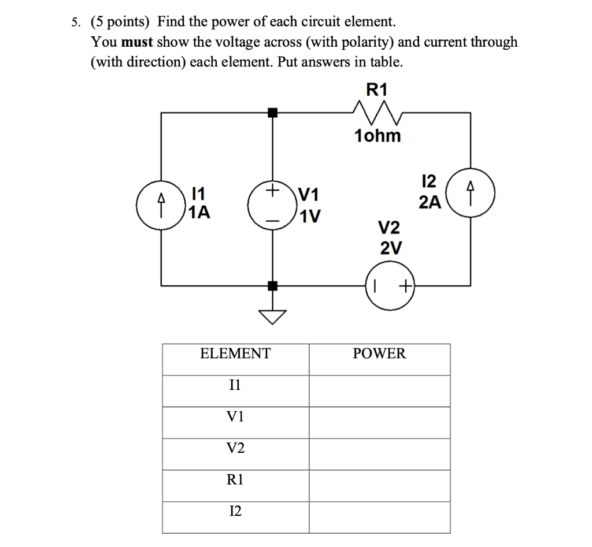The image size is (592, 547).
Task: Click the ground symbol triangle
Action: click(272, 317)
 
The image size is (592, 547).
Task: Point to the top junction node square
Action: click(272, 113)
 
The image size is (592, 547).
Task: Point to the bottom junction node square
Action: click(272, 285)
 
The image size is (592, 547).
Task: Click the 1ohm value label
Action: click(378, 136)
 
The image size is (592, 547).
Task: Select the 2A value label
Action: click(430, 202)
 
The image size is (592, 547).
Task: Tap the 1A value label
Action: click(200, 213)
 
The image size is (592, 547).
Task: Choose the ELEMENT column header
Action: click(235, 353)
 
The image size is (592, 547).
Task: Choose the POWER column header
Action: click(379, 353)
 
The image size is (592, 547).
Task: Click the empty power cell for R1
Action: click(379, 479)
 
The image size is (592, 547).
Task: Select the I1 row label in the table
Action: click(235, 385)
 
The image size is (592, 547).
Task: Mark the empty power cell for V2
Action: click(379, 448)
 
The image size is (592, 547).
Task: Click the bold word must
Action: click(138, 42)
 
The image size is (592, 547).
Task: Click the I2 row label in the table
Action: click(235, 511)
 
